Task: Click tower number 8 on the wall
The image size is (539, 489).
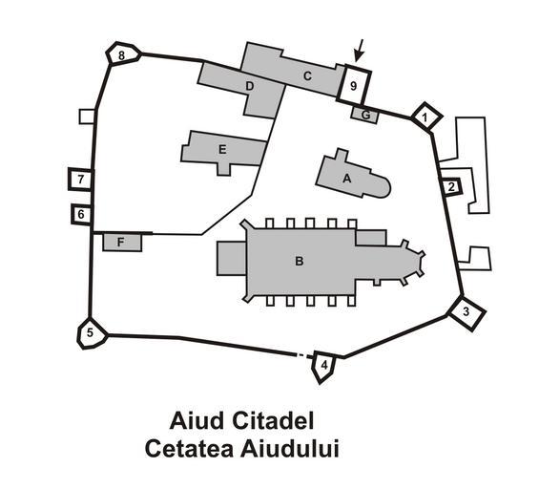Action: tap(122, 54)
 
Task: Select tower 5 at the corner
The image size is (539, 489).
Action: tap(92, 332)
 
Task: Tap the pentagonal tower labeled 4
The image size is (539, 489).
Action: tap(322, 366)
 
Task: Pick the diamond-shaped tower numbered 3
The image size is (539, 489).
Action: tap(466, 312)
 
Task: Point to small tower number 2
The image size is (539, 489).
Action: tap(451, 187)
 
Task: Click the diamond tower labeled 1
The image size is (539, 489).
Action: tap(425, 117)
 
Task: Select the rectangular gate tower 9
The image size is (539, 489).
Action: tap(354, 85)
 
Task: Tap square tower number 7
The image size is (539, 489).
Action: tap(81, 179)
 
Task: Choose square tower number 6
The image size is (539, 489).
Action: tap(82, 214)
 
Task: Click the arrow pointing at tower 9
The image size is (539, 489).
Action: tap(360, 51)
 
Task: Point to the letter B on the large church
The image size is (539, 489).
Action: tap(299, 261)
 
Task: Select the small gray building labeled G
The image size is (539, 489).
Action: tap(365, 115)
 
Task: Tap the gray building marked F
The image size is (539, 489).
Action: tap(122, 243)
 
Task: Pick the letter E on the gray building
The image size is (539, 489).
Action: tap(222, 150)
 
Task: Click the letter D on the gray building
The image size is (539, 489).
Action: tap(250, 86)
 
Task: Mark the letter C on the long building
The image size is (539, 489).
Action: tap(307, 76)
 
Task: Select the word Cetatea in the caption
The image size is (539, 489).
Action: tap(189, 448)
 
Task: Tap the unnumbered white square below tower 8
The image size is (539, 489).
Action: tap(87, 117)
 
